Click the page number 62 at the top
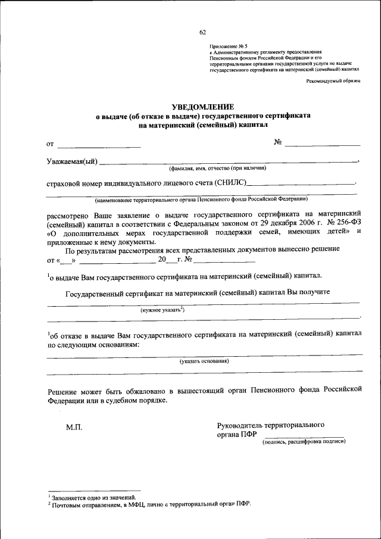[x=202, y=32]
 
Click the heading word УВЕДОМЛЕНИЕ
[x=202, y=106]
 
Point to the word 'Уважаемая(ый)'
[x=71, y=161]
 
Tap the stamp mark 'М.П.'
[x=74, y=428]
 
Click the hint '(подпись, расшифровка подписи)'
[x=304, y=442]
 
